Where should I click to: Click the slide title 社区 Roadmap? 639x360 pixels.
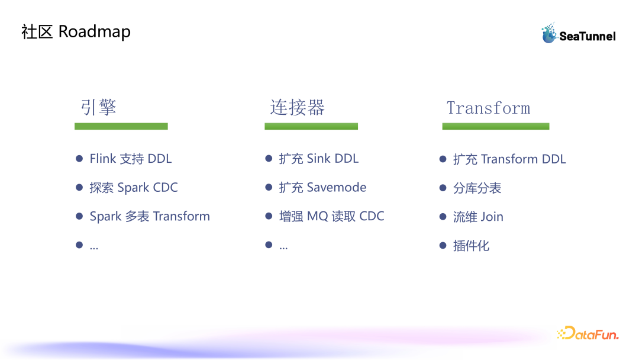coord(76,31)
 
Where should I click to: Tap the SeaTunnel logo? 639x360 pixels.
coord(579,34)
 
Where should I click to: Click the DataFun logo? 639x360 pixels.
coord(587,334)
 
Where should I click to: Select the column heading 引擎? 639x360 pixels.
coord(98,107)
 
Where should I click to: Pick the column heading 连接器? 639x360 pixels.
coord(298,107)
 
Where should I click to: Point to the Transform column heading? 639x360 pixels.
coord(488,108)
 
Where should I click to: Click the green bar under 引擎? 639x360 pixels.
coord(121,126)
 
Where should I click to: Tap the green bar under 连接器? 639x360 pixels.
coord(311,126)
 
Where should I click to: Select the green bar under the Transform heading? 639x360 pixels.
coord(496,126)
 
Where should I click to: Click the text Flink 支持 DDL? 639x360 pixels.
coord(131,159)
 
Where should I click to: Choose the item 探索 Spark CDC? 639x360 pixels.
coord(134,188)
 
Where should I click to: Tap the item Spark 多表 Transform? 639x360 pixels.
coord(150,217)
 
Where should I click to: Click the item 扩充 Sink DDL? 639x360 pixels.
coord(319,159)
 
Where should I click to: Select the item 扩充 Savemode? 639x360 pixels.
coord(323,188)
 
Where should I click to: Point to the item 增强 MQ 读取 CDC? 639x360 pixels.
coord(332,217)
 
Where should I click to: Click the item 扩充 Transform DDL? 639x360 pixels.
coord(509,159)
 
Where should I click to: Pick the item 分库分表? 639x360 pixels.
coord(477,188)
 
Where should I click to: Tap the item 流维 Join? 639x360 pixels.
coord(478,217)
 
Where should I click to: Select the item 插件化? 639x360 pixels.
coord(471,246)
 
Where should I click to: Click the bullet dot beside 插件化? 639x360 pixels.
coord(443,245)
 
